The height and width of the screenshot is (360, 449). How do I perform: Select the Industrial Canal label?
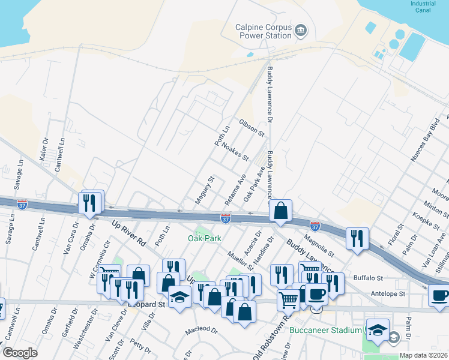[x=423, y=6]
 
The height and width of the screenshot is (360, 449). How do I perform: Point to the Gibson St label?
[x=252, y=128]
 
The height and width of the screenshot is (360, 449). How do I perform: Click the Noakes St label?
[x=235, y=152]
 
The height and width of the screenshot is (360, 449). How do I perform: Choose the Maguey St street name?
[x=204, y=190]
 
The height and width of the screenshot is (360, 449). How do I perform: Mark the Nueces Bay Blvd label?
[x=424, y=144]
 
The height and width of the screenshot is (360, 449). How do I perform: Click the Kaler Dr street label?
[x=44, y=149]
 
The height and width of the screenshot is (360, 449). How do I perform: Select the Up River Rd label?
[x=129, y=233]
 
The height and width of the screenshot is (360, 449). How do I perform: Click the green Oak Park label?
[x=205, y=238]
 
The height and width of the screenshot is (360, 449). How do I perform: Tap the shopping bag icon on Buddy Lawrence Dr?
[x=280, y=211]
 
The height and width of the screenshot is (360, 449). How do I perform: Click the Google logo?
[x=20, y=353]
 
